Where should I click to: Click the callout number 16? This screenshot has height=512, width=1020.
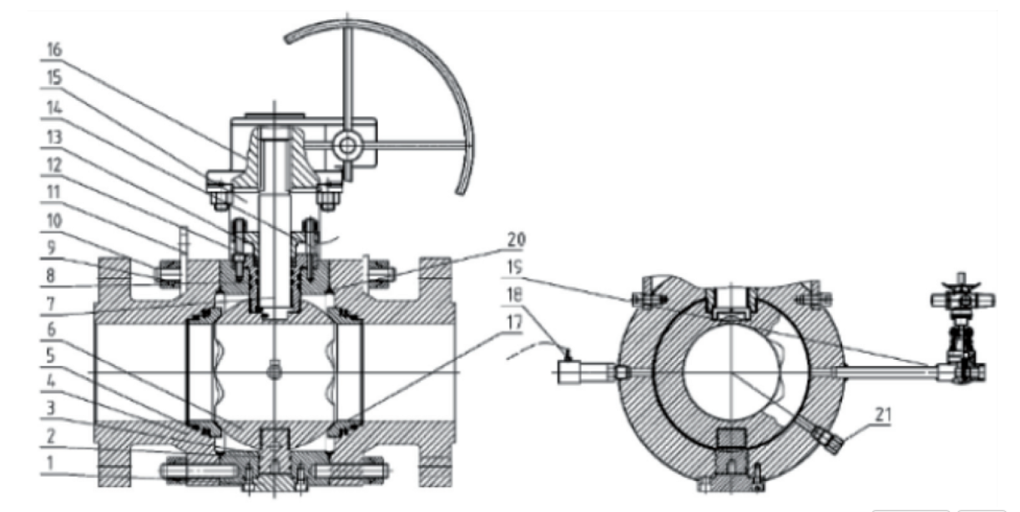54,49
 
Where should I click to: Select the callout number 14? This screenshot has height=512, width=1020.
54,108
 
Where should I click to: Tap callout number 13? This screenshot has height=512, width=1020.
54,137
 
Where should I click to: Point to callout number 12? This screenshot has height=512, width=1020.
54,165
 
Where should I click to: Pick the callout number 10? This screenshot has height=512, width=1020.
54,221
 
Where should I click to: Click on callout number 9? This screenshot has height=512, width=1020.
52,247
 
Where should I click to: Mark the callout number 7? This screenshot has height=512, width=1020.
51,304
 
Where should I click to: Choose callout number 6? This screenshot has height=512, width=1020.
52,330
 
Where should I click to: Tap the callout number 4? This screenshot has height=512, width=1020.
51,382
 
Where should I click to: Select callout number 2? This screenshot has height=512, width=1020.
51,436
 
